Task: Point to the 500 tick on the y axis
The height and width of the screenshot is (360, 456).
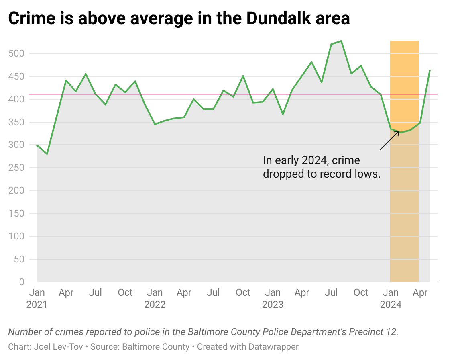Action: click(16, 53)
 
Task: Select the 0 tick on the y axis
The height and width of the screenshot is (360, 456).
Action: click(21, 282)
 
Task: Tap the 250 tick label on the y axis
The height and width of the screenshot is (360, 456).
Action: click(16, 168)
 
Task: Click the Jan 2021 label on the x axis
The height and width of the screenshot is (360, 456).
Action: click(37, 298)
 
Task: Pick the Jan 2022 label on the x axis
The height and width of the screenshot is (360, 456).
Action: click(155, 298)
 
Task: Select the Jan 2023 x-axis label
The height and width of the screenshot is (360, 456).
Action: click(273, 298)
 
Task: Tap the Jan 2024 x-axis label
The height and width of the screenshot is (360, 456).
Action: click(391, 298)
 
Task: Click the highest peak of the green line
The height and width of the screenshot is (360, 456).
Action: click(341, 41)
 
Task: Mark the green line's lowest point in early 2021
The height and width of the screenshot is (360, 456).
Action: click(47, 154)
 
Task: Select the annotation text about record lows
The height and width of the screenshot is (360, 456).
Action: click(321, 167)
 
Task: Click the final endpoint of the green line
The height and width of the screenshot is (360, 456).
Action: click(430, 70)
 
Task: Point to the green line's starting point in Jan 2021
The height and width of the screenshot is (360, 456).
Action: click(37, 145)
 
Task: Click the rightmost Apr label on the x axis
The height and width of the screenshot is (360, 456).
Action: click(420, 292)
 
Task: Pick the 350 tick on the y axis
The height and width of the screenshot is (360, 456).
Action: click(16, 122)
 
